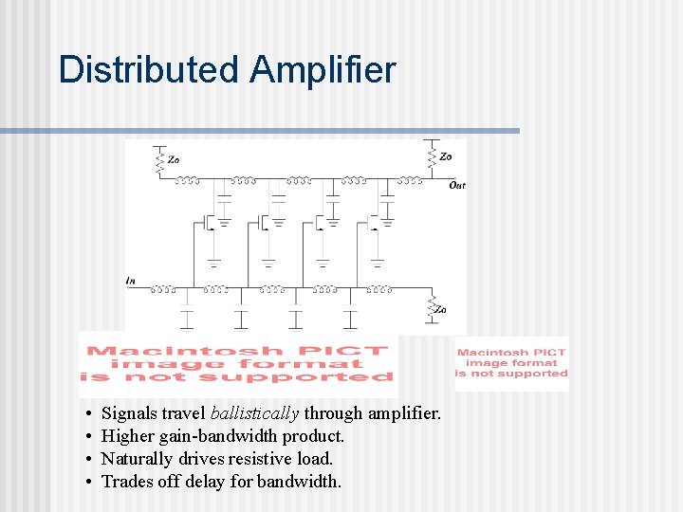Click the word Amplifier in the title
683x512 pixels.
pos(323,70)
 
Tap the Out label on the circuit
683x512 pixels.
pos(457,185)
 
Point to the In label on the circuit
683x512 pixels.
pos(130,281)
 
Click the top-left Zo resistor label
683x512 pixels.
pos(174,159)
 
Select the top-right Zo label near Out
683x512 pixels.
pos(446,156)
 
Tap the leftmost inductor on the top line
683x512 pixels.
pos(189,179)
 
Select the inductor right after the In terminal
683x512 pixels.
pos(162,287)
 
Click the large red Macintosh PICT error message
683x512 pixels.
pos(237,363)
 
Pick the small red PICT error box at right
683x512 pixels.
pos(511,363)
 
